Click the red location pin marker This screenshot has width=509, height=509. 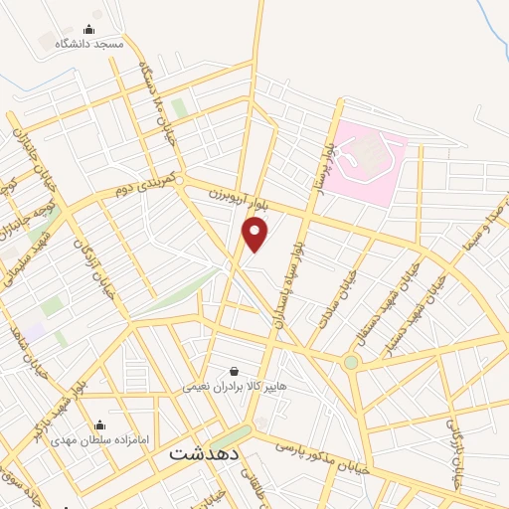255,235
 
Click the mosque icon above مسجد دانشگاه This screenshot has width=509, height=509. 89,30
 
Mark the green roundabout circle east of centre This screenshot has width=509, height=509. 350,363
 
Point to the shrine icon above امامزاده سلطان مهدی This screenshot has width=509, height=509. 99,424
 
